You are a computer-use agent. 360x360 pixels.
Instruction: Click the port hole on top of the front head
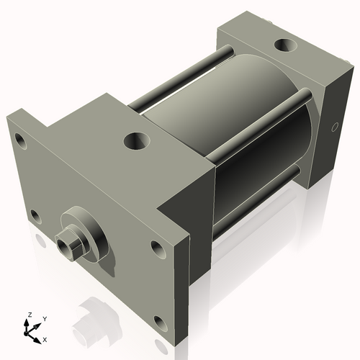[x=135, y=140]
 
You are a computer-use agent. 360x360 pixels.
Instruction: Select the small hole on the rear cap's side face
[x=333, y=128]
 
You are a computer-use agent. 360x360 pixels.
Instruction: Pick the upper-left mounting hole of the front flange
[x=19, y=141]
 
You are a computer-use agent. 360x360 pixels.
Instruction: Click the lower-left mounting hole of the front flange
[x=34, y=215]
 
